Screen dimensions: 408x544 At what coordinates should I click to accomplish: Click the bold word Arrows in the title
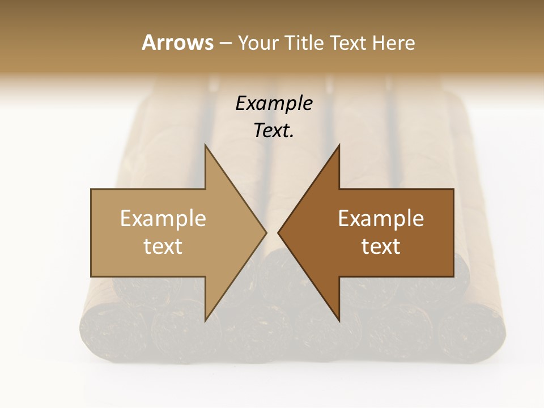[177, 42]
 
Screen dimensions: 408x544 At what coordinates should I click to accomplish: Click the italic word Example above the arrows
[274, 103]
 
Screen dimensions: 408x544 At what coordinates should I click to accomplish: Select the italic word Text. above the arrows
[274, 130]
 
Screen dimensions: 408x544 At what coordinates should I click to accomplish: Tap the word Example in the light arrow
[163, 218]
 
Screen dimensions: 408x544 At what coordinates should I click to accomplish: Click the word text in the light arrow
[163, 246]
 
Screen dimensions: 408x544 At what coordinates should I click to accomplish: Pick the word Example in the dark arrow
[381, 218]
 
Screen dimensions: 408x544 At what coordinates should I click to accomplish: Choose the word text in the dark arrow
[381, 246]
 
